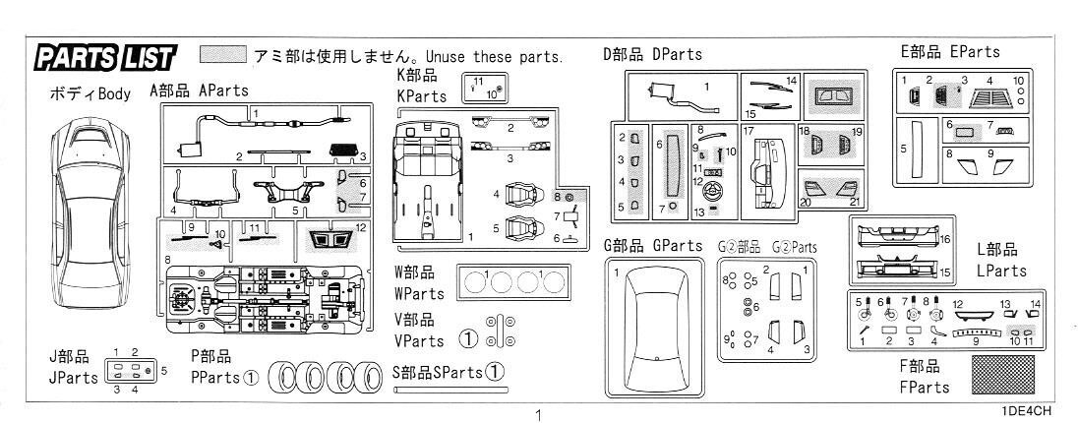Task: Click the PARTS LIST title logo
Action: coord(104,58)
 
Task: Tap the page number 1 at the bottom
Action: coord(538,414)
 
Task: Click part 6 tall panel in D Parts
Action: coord(674,164)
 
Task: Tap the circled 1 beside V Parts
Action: coord(468,339)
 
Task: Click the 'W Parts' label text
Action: coord(419,293)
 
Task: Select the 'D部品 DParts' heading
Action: coord(652,55)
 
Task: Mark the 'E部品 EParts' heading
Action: coord(950,52)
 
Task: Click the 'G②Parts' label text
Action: coord(794,247)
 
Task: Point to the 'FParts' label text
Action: coord(924,388)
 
